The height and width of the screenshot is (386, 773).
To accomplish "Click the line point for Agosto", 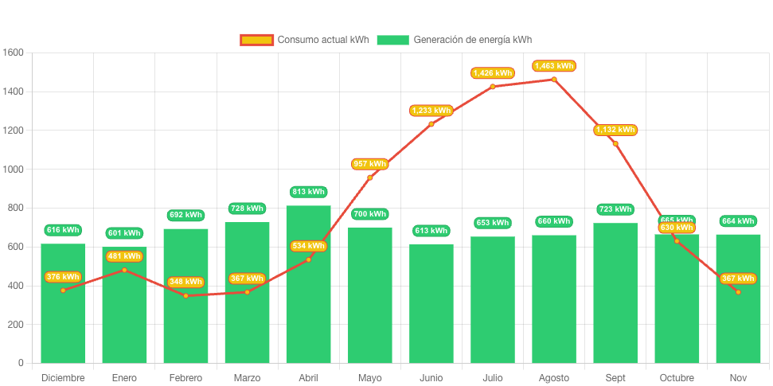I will (x=554, y=79).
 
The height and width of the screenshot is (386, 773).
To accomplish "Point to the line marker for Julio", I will (x=493, y=86).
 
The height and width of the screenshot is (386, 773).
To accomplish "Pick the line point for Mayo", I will (x=369, y=177).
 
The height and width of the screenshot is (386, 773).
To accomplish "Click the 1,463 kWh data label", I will (x=554, y=66).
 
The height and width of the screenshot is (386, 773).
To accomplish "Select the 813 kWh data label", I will (x=308, y=192).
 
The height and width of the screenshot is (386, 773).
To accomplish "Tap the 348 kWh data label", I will (x=185, y=283).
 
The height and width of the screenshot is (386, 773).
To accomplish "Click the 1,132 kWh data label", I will (x=615, y=130).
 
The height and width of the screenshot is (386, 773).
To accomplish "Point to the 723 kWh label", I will (x=615, y=209).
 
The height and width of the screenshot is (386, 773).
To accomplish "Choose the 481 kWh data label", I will (x=124, y=256).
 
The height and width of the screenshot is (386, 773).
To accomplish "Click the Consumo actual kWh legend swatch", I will (x=256, y=40).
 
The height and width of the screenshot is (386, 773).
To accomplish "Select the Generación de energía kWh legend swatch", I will (x=392, y=40).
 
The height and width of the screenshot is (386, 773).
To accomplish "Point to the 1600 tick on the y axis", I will (x=14, y=53).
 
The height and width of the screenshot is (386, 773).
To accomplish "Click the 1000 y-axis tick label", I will (x=14, y=170).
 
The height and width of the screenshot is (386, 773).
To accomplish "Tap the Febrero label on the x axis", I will (x=185, y=378).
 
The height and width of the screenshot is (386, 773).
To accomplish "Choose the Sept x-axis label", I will (x=615, y=378).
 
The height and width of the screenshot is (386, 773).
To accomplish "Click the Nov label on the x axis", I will (x=738, y=378).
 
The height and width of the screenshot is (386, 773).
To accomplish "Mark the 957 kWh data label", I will (x=369, y=164).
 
